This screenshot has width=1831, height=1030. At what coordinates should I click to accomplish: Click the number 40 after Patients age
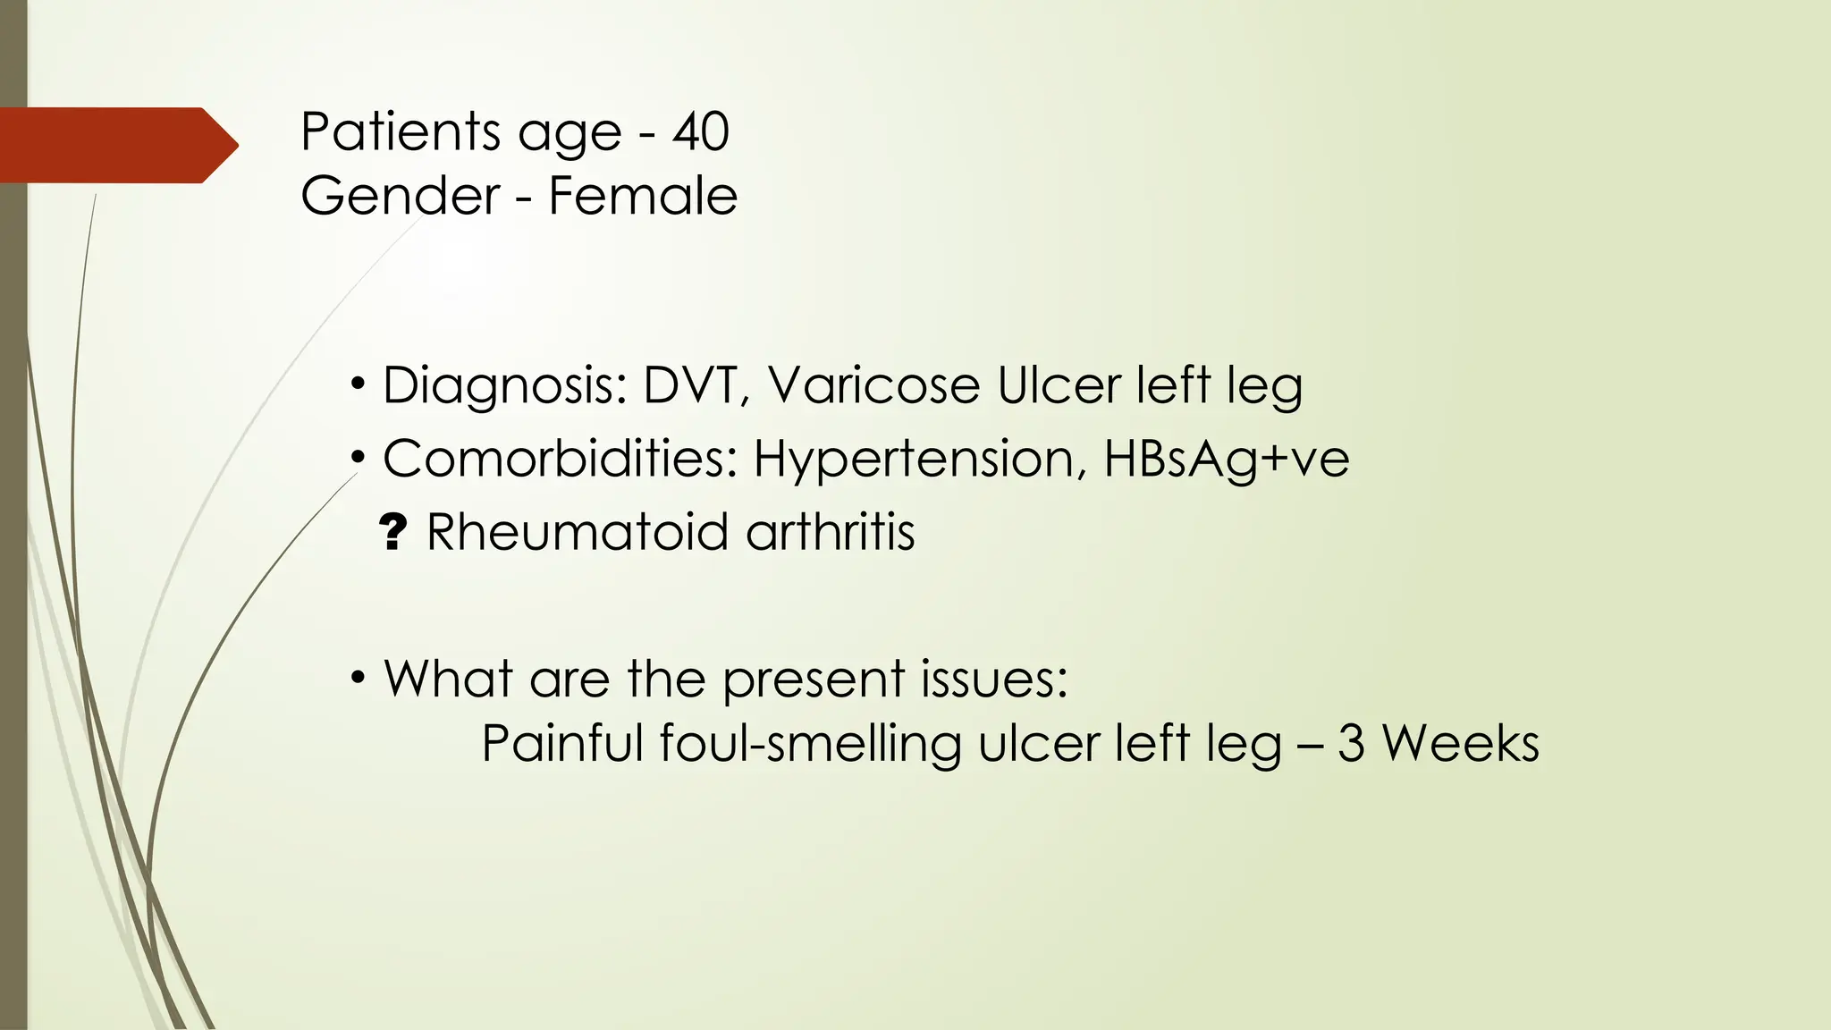click(701, 132)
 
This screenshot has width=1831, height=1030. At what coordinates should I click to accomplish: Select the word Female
click(643, 197)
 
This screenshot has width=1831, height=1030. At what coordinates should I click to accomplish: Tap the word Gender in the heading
click(400, 197)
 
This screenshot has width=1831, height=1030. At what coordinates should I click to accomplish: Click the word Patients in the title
click(400, 132)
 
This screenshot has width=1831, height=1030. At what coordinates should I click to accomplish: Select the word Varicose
click(873, 386)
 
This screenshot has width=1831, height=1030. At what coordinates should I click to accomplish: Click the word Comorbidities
click(560, 460)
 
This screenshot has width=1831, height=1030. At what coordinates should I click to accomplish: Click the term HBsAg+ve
click(1226, 460)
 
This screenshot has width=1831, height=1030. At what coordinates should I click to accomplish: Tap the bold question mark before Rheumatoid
click(392, 533)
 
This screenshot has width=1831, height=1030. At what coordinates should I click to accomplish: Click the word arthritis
click(831, 533)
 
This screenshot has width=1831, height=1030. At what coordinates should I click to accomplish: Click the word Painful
click(562, 744)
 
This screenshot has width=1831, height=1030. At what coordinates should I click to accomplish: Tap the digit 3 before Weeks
click(1351, 744)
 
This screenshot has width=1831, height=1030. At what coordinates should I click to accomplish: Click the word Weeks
click(1460, 744)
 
